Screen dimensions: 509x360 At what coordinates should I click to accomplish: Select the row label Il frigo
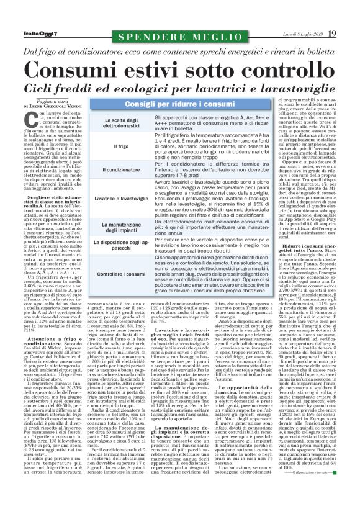point(121,146)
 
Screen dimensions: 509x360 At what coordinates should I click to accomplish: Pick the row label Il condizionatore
point(121,169)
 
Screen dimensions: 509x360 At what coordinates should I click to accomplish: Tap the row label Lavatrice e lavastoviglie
point(121,197)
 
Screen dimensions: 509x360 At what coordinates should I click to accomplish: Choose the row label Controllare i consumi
point(121,273)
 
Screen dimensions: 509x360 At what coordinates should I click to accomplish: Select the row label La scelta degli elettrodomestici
point(121,122)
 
